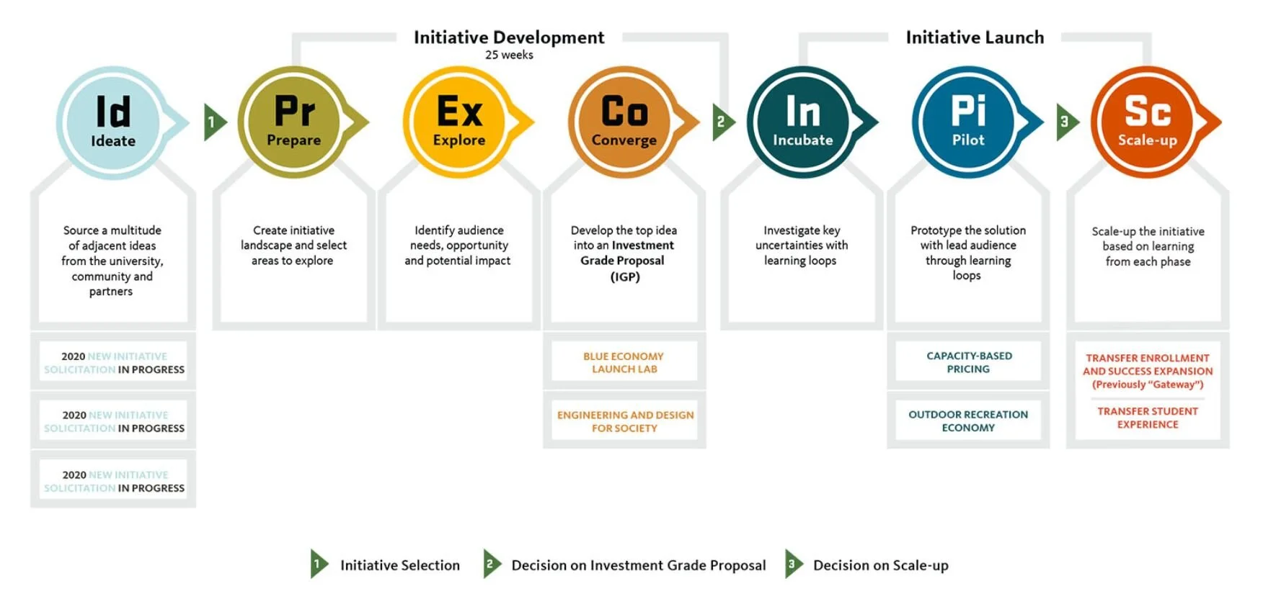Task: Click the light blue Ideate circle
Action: click(113, 122)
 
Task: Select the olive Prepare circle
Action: click(293, 122)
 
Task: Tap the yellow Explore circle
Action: click(459, 122)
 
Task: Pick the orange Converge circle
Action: click(624, 122)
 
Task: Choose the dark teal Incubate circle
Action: click(802, 122)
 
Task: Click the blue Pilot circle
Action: click(967, 122)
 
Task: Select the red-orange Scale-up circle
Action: click(1147, 122)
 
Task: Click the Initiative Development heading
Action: click(509, 37)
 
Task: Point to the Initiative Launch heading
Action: click(975, 37)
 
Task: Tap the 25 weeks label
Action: click(509, 55)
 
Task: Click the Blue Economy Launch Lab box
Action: click(624, 362)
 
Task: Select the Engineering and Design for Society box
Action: click(625, 421)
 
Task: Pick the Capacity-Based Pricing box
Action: click(968, 362)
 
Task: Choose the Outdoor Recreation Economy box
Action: click(968, 421)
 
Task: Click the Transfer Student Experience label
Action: click(1148, 418)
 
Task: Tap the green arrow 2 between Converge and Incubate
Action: click(722, 122)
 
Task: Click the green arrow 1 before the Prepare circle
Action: click(213, 122)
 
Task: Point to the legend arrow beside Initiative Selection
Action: click(318, 565)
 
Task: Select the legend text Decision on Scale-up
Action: click(880, 565)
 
